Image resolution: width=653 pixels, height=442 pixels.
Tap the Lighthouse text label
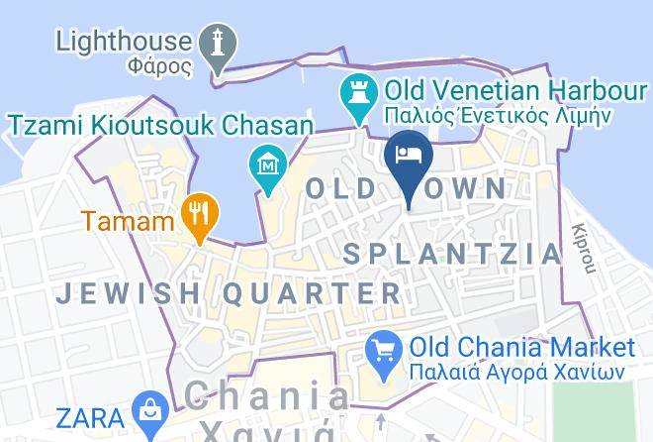124,41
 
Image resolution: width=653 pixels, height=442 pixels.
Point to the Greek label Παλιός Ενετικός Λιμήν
499,116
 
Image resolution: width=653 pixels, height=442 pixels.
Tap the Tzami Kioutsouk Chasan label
161,125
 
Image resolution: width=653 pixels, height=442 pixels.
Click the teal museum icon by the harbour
265,161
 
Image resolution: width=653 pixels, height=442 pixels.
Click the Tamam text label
128,220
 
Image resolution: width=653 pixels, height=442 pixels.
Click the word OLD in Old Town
342,187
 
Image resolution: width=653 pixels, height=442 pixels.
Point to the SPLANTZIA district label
452,254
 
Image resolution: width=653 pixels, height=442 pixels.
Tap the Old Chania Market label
521,348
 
